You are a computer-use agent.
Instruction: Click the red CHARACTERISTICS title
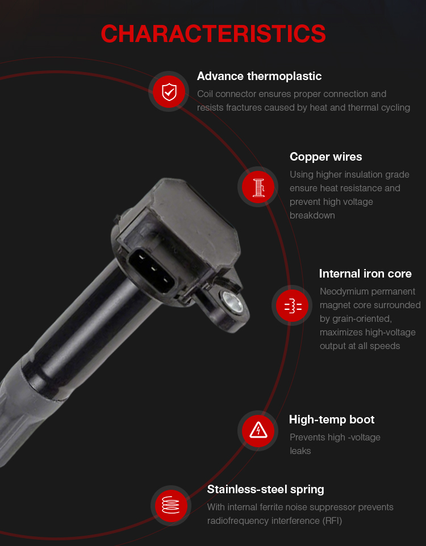[213, 34]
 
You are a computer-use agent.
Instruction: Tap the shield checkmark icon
[169, 92]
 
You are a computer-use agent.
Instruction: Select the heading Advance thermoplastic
[259, 76]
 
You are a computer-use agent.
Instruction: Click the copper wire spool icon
[258, 187]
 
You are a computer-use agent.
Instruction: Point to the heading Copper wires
[325, 157]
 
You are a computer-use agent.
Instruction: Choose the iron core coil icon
[293, 306]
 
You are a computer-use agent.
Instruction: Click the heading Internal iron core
[365, 274]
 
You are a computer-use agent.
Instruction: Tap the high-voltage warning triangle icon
[258, 430]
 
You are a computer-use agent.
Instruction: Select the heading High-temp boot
[332, 419]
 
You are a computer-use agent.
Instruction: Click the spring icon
[171, 505]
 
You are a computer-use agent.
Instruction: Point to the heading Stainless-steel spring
[265, 490]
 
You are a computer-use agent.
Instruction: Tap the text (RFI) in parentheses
[332, 521]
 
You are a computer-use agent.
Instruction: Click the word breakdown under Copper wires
[312, 216]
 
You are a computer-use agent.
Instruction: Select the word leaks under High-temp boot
[300, 451]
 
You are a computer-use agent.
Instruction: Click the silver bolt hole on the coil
[232, 301]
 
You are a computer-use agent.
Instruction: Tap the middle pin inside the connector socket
[153, 268]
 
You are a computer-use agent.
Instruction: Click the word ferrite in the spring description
[259, 507]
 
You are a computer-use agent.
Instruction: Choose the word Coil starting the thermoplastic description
[205, 94]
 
